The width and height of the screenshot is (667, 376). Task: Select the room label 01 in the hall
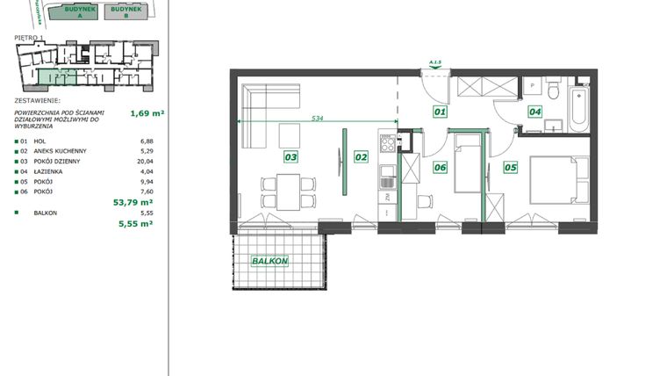coord(440,112)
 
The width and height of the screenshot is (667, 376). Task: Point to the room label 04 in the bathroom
coord(534,112)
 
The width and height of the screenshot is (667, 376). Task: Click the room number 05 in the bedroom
coord(510,167)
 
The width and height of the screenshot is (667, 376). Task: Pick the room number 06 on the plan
coord(440,167)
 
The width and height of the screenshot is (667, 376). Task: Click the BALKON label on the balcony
coord(270,261)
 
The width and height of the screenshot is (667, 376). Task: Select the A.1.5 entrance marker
coord(434,61)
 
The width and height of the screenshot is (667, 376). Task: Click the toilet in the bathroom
coord(551,90)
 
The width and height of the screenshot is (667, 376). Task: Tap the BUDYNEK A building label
coord(75,11)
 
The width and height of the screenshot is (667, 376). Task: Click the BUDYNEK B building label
coord(125,11)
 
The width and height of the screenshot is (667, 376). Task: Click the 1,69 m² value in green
coord(147,113)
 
